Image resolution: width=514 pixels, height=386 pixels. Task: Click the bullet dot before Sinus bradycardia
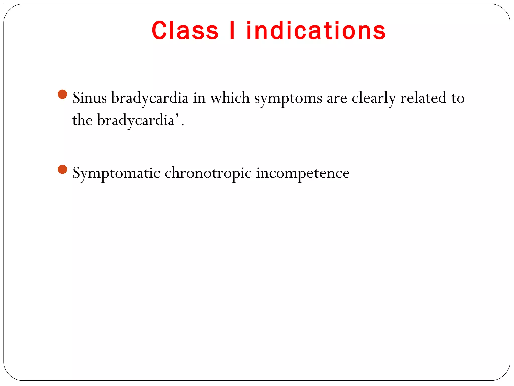coord(62,94)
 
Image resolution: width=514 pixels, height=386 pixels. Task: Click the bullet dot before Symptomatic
coord(62,169)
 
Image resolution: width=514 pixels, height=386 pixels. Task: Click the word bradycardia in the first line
coord(150,98)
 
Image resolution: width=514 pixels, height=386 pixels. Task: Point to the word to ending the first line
coord(458,98)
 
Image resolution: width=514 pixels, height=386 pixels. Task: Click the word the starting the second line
coord(82,120)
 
